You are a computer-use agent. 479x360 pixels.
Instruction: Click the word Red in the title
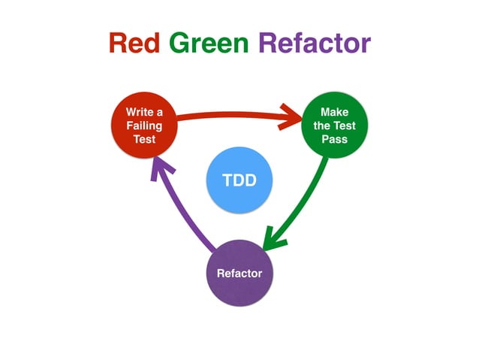[134, 43]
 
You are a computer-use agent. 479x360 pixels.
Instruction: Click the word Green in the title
[208, 43]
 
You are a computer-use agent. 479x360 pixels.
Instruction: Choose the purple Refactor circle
[239, 273]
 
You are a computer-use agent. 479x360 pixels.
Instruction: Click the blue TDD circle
[239, 180]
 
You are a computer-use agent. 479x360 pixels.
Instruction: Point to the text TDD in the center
[239, 180]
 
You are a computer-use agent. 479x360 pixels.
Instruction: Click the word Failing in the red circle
[144, 126]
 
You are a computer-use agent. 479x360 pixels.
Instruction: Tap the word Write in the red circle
[139, 113]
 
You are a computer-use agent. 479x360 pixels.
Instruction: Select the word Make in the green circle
[334, 113]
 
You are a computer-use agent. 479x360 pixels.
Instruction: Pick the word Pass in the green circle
[334, 140]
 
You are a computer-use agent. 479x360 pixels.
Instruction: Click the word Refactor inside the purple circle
[239, 273]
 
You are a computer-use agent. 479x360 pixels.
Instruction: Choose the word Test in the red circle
[144, 140]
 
